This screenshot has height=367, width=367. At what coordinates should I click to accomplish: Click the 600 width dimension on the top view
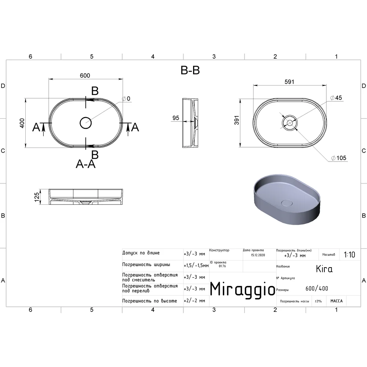coord(85,75)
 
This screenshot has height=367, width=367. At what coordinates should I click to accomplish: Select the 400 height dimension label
coord(22,123)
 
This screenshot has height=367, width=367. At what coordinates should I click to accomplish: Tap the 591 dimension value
coord(289,82)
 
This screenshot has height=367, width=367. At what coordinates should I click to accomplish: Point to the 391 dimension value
coord(237,120)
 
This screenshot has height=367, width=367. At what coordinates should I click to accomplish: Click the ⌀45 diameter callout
coord(336,98)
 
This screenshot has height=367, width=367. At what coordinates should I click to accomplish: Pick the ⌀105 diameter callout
coord(338,158)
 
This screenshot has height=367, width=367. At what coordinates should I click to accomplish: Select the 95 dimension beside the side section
coord(176,118)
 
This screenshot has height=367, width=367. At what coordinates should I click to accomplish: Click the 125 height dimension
coord(37,197)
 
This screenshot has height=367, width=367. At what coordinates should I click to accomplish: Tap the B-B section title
coord(190,70)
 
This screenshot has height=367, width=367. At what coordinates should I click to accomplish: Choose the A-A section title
coord(86,164)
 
